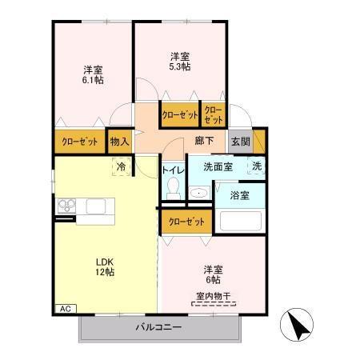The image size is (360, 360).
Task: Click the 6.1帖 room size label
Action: pos(94,80)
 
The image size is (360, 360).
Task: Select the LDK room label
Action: pos(105,261)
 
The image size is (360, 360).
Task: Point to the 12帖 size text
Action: pos(105,273)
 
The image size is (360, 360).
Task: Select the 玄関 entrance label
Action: pos(240,142)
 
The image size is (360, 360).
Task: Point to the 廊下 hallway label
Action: pos(204,142)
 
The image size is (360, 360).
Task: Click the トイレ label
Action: pos(173,170)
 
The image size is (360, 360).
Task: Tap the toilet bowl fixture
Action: pos(173,190)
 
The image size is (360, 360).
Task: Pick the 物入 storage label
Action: pos(119,142)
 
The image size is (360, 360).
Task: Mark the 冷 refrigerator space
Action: pos(121,167)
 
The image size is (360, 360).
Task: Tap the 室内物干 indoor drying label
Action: pos(211,298)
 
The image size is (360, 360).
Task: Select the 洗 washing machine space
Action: pos(257,166)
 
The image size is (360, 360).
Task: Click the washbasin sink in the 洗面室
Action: pos(198,193)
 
